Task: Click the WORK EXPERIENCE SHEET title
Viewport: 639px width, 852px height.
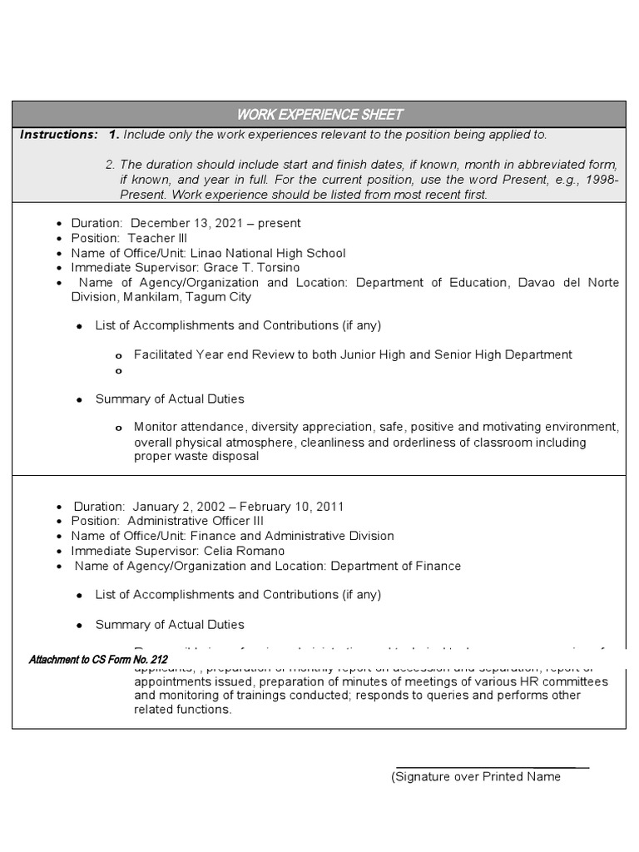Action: [319, 114]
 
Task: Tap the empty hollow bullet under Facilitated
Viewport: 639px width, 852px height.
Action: [119, 371]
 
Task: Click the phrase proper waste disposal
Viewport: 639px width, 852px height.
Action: [196, 456]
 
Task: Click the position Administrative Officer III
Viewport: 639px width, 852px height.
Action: [196, 521]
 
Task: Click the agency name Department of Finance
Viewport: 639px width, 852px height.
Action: [395, 566]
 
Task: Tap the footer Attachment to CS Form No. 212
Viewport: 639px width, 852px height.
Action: [98, 660]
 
